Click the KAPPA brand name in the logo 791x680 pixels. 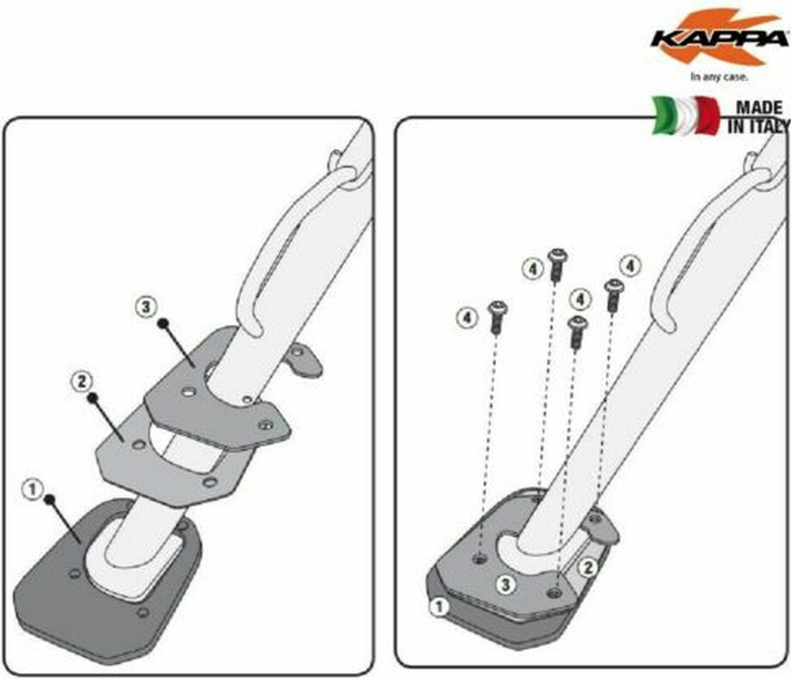coord(719,39)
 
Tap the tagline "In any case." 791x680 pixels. coord(719,77)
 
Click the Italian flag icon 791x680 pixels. coord(686,116)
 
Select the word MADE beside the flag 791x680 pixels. coord(759,107)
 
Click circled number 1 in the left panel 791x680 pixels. coord(33,490)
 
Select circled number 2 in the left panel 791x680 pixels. coord(80,381)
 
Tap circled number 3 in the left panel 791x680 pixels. coord(146,307)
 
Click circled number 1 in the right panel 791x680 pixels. coord(439,607)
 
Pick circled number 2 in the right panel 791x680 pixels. coord(587,568)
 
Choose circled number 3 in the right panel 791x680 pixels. coord(506,585)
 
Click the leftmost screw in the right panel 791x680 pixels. coord(497,316)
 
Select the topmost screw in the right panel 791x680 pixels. coord(558,264)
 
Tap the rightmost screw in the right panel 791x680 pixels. coord(614,296)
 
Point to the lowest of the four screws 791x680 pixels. coord(577,332)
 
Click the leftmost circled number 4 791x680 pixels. coord(467,318)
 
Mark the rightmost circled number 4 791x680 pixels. coord(630,265)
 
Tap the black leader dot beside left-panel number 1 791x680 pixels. coord(49,499)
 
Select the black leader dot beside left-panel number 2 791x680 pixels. coord(92,398)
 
